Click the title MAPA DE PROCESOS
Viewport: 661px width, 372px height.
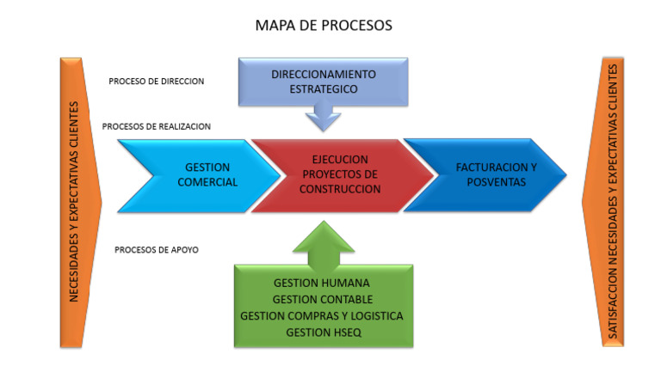pyautogui.click(x=323, y=26)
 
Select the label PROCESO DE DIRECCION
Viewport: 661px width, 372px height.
pyautogui.click(x=156, y=82)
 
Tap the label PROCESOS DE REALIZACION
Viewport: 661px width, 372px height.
pyautogui.click(x=156, y=126)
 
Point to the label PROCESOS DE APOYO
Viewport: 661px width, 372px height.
pyautogui.click(x=156, y=250)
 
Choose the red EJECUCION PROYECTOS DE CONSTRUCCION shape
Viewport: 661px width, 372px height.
pyautogui.click(x=340, y=174)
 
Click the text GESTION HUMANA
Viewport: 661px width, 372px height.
pyautogui.click(x=322, y=282)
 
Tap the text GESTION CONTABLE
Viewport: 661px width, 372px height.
pyautogui.click(x=322, y=299)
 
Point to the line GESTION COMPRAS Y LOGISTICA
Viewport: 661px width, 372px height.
pyautogui.click(x=322, y=315)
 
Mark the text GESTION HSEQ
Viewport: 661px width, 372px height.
pyautogui.click(x=322, y=332)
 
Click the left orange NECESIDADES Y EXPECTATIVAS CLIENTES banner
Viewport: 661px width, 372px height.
pyautogui.click(x=77, y=202)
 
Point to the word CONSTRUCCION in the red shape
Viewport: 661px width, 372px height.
pyautogui.click(x=340, y=188)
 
